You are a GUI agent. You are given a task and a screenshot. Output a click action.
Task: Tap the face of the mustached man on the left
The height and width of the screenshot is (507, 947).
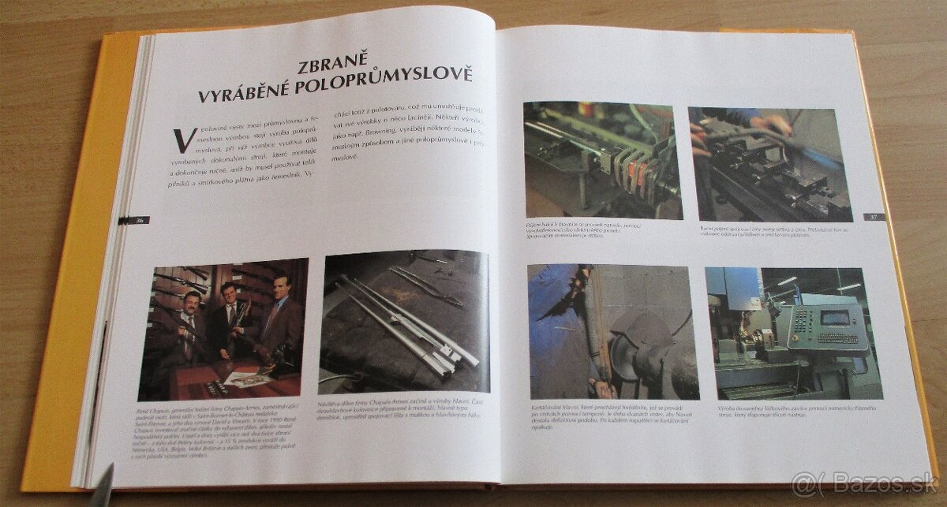[191, 301]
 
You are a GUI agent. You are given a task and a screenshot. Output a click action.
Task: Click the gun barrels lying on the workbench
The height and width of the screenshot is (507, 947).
[402, 315]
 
